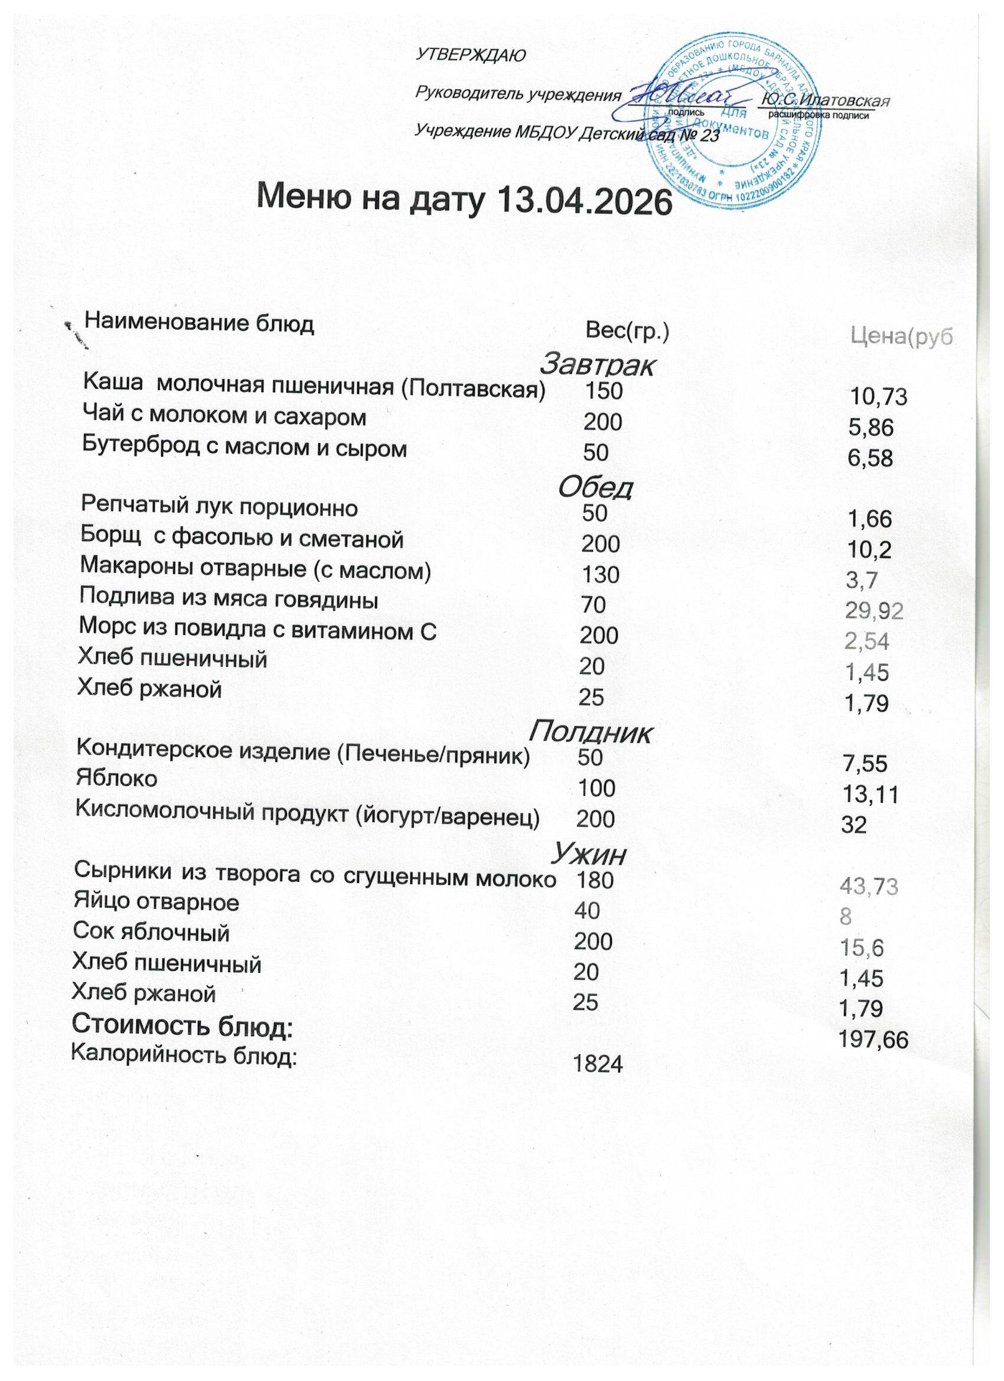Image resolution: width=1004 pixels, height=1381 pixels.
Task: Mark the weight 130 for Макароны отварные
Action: tap(600, 574)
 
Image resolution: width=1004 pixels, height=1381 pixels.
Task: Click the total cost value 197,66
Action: tap(873, 1041)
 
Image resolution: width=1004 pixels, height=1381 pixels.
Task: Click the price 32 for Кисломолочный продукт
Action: tap(852, 825)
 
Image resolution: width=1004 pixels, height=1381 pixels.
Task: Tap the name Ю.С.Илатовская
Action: tap(826, 100)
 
